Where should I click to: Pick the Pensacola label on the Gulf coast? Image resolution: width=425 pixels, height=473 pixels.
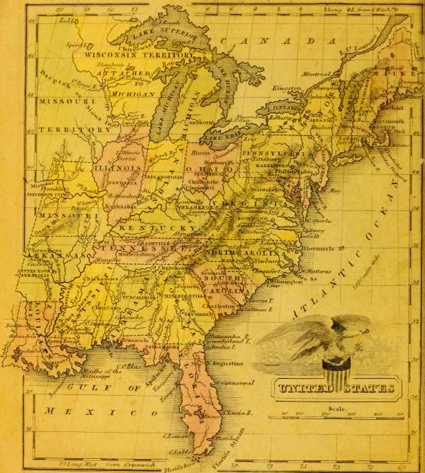tap(136, 341)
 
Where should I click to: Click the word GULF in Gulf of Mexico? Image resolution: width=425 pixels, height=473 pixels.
tap(81, 387)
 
